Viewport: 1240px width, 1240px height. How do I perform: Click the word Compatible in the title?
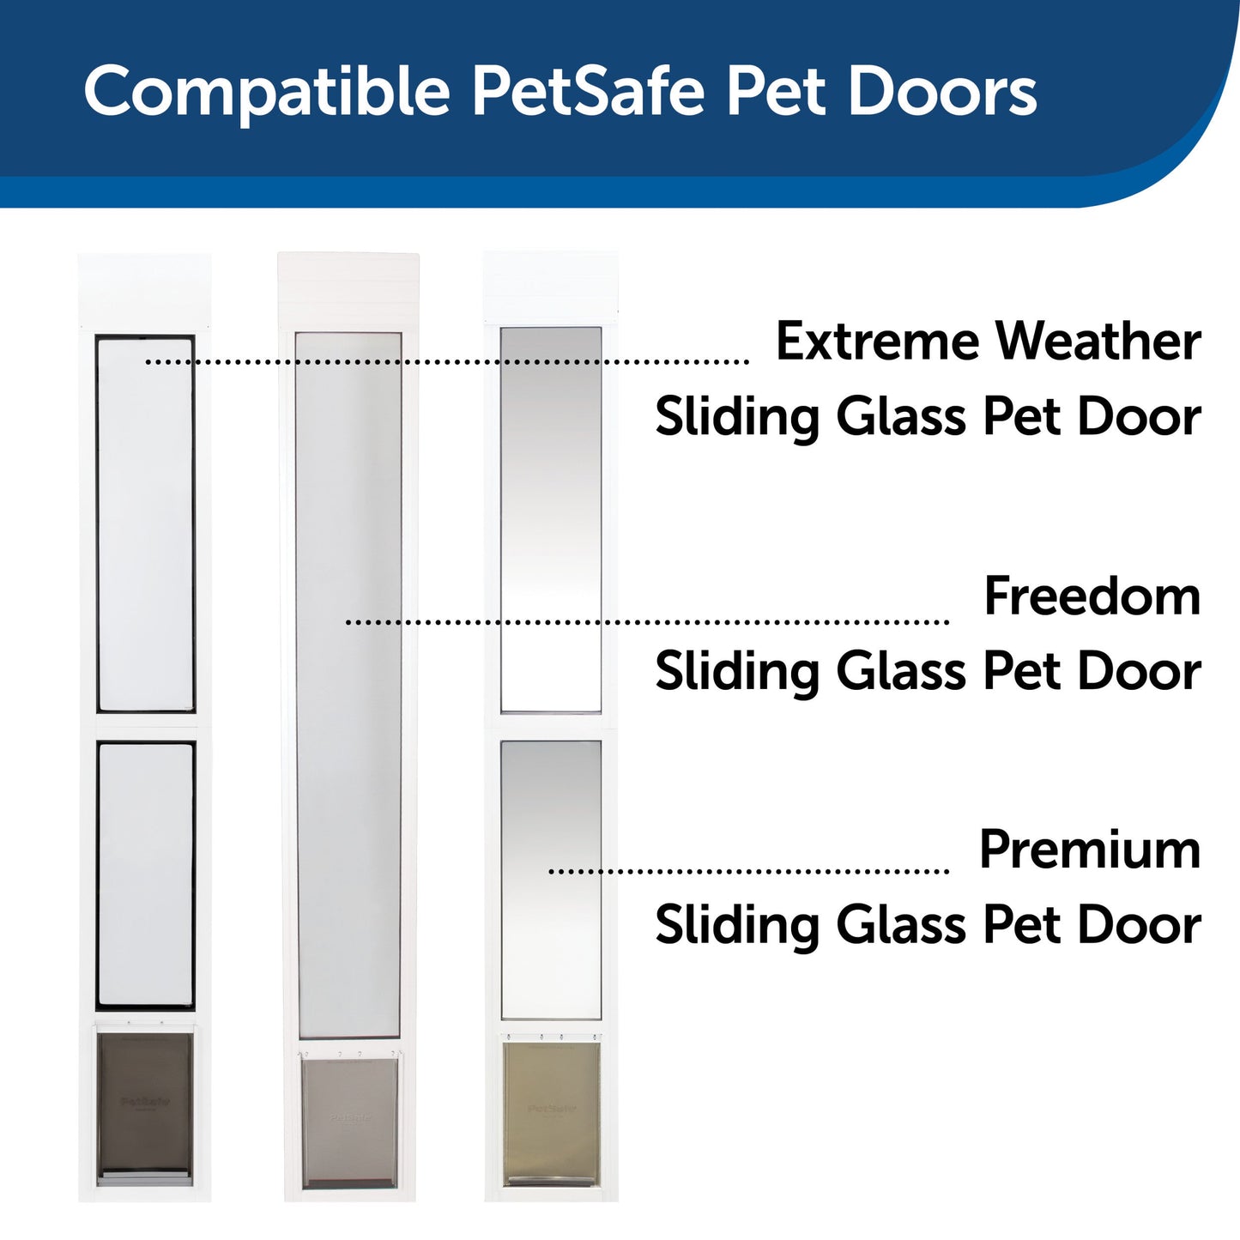[267, 91]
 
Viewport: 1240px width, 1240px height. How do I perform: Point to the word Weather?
[1098, 342]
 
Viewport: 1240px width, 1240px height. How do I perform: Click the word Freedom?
[1092, 596]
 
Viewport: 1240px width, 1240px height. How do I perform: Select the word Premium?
[1090, 850]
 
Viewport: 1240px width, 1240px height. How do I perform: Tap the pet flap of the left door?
[145, 1102]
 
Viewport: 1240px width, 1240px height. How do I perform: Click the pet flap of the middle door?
[350, 1119]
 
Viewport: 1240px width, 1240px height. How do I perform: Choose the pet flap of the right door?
[551, 1110]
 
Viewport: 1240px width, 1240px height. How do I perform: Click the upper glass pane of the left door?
[145, 523]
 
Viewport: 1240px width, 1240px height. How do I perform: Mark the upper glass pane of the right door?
[551, 519]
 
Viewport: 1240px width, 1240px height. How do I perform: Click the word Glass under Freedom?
[902, 671]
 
